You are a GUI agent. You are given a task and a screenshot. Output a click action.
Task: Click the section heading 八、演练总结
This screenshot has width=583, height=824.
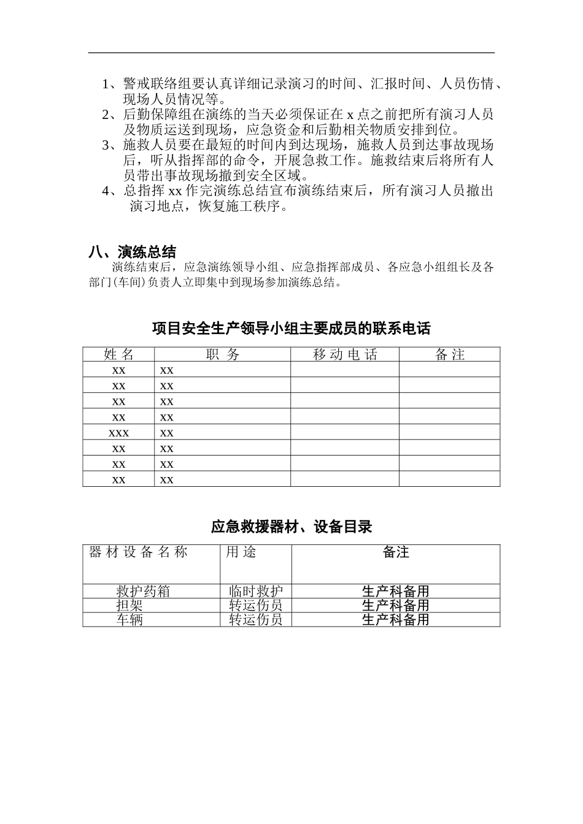click(132, 252)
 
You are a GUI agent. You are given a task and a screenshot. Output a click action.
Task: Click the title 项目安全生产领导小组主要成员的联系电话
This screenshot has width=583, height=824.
click(291, 329)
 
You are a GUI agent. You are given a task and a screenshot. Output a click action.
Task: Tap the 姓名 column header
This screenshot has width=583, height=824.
click(118, 354)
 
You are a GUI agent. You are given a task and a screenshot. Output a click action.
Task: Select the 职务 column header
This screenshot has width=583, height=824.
click(222, 354)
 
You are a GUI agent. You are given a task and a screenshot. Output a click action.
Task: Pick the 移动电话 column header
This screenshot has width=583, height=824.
click(344, 354)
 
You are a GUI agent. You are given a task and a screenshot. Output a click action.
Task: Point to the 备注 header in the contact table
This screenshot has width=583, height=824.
click(449, 354)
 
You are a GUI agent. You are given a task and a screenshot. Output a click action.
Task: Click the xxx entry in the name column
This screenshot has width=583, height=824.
click(118, 433)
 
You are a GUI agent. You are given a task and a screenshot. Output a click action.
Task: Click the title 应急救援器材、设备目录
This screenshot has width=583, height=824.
click(291, 527)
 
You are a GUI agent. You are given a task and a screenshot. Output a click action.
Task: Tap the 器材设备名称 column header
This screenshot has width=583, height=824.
click(138, 552)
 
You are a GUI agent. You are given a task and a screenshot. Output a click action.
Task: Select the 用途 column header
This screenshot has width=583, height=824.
click(241, 552)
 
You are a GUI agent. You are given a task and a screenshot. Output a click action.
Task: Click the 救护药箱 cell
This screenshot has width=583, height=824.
click(143, 592)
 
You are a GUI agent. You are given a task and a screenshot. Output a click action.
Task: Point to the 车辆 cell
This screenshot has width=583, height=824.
click(129, 619)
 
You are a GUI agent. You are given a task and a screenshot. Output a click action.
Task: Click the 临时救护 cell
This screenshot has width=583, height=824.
click(256, 592)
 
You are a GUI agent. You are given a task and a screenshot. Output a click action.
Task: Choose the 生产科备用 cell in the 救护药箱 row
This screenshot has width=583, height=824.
click(395, 592)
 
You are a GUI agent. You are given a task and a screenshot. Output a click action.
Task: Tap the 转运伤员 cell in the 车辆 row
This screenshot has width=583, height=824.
click(256, 619)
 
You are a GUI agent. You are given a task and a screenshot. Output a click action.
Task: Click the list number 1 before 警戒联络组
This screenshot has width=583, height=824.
click(106, 84)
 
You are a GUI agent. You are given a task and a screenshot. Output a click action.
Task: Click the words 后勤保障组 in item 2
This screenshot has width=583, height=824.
click(149, 115)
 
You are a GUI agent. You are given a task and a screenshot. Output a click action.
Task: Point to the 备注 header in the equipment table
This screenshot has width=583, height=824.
click(395, 552)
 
